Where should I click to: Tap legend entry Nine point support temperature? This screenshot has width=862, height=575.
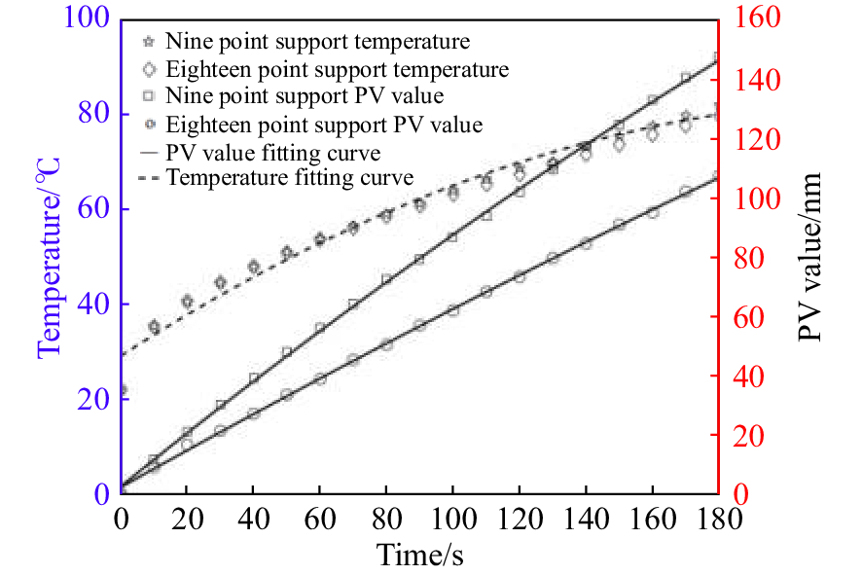317,42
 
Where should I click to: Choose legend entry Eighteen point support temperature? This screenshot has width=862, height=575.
337,69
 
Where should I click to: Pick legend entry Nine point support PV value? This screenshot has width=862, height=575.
305,96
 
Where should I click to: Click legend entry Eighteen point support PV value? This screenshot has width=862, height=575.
324,125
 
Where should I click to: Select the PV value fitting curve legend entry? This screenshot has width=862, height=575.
272,153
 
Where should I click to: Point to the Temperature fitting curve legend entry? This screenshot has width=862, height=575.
290,178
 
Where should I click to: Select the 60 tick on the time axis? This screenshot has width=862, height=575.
320,518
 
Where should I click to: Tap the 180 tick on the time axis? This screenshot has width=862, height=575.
717,518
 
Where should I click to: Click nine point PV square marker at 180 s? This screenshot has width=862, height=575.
718,58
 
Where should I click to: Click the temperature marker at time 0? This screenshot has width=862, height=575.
122,390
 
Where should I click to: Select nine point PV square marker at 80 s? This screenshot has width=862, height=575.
386,279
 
